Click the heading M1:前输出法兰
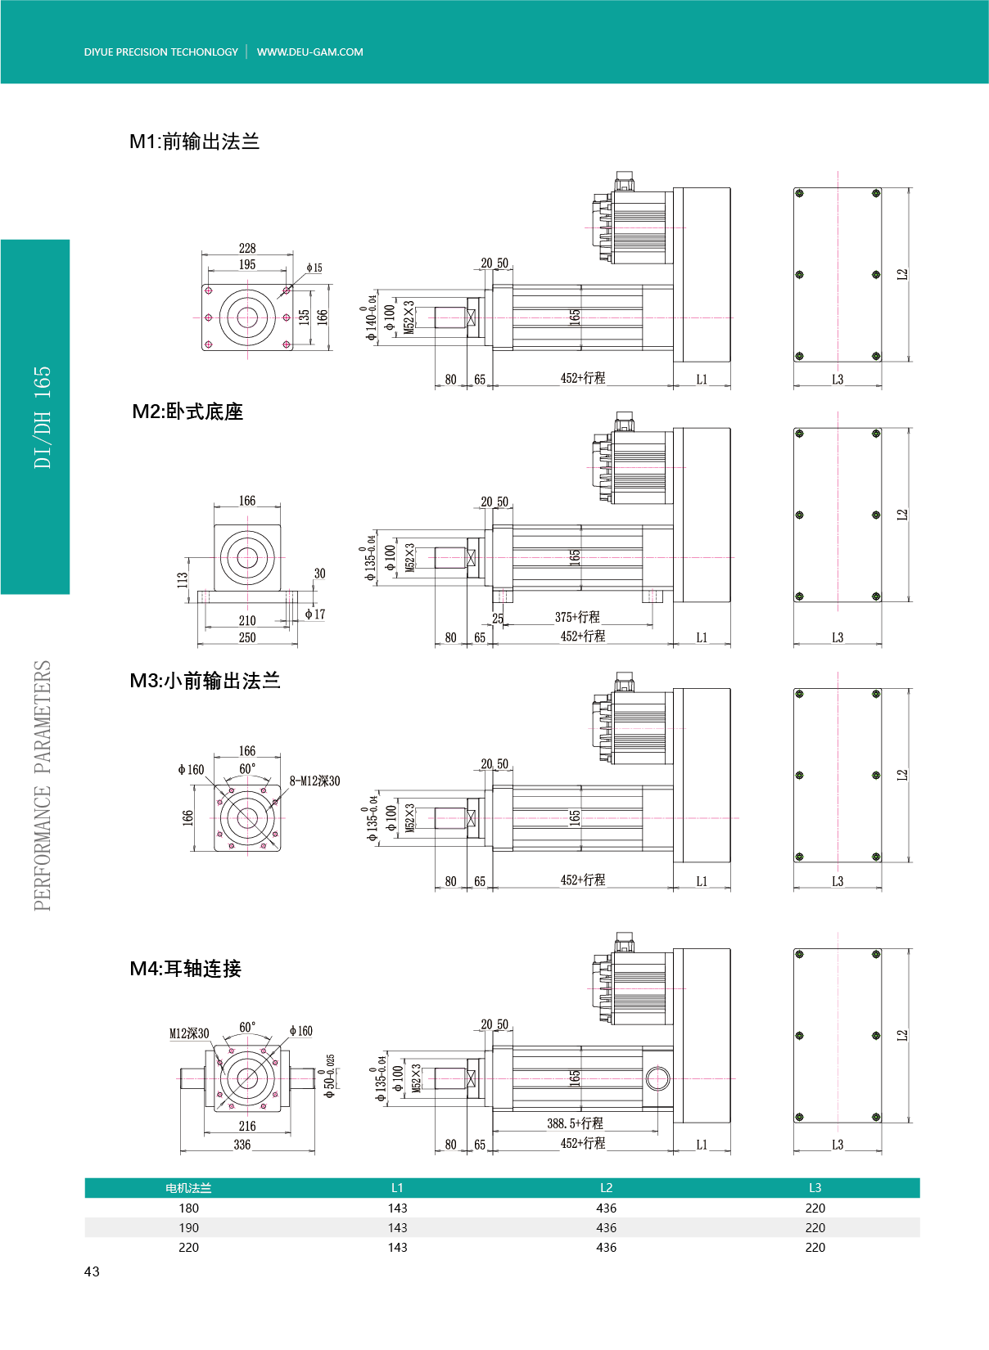(194, 142)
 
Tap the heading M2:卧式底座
(187, 412)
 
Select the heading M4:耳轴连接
(186, 969)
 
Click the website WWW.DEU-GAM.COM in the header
(310, 52)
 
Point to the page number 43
(92, 1271)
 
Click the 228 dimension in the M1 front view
(247, 248)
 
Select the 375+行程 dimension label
(577, 617)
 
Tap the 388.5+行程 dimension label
(575, 1123)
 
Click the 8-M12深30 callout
(314, 781)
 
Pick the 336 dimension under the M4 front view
(242, 1145)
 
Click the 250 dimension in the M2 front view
(247, 637)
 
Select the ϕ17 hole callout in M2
(314, 614)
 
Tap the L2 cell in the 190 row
(606, 1227)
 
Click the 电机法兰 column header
(189, 1188)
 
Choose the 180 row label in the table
(189, 1208)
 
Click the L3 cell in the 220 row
(815, 1248)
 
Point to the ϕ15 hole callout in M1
(314, 268)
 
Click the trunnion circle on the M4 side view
(657, 1078)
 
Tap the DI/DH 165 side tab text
(43, 417)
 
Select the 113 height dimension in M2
(182, 580)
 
